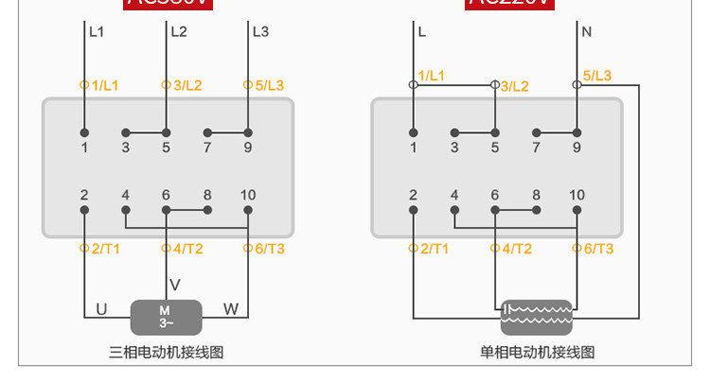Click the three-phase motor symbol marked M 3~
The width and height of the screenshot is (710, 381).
point(166,317)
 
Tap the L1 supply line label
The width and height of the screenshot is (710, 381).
point(97,31)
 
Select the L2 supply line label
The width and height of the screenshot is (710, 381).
point(179,31)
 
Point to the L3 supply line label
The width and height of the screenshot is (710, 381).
point(260,31)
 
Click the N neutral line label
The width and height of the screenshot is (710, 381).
point(587,31)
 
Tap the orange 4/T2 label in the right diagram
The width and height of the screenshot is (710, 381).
point(516,249)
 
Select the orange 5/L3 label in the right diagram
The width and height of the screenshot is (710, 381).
point(596,76)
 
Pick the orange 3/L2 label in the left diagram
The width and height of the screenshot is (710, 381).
point(187,85)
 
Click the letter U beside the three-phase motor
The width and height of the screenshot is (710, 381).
point(102,309)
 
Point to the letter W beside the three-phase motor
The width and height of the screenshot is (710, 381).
point(231,309)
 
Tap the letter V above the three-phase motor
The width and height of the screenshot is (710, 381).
point(174,284)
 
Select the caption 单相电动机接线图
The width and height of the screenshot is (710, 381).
point(537,353)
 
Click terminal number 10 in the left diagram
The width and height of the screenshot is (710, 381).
point(248,196)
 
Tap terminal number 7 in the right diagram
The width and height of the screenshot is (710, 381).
point(536,147)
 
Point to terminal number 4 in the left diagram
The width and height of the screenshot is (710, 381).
point(125,196)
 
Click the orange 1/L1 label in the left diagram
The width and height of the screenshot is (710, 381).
point(104,85)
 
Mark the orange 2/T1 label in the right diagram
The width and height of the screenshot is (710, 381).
point(434,249)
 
